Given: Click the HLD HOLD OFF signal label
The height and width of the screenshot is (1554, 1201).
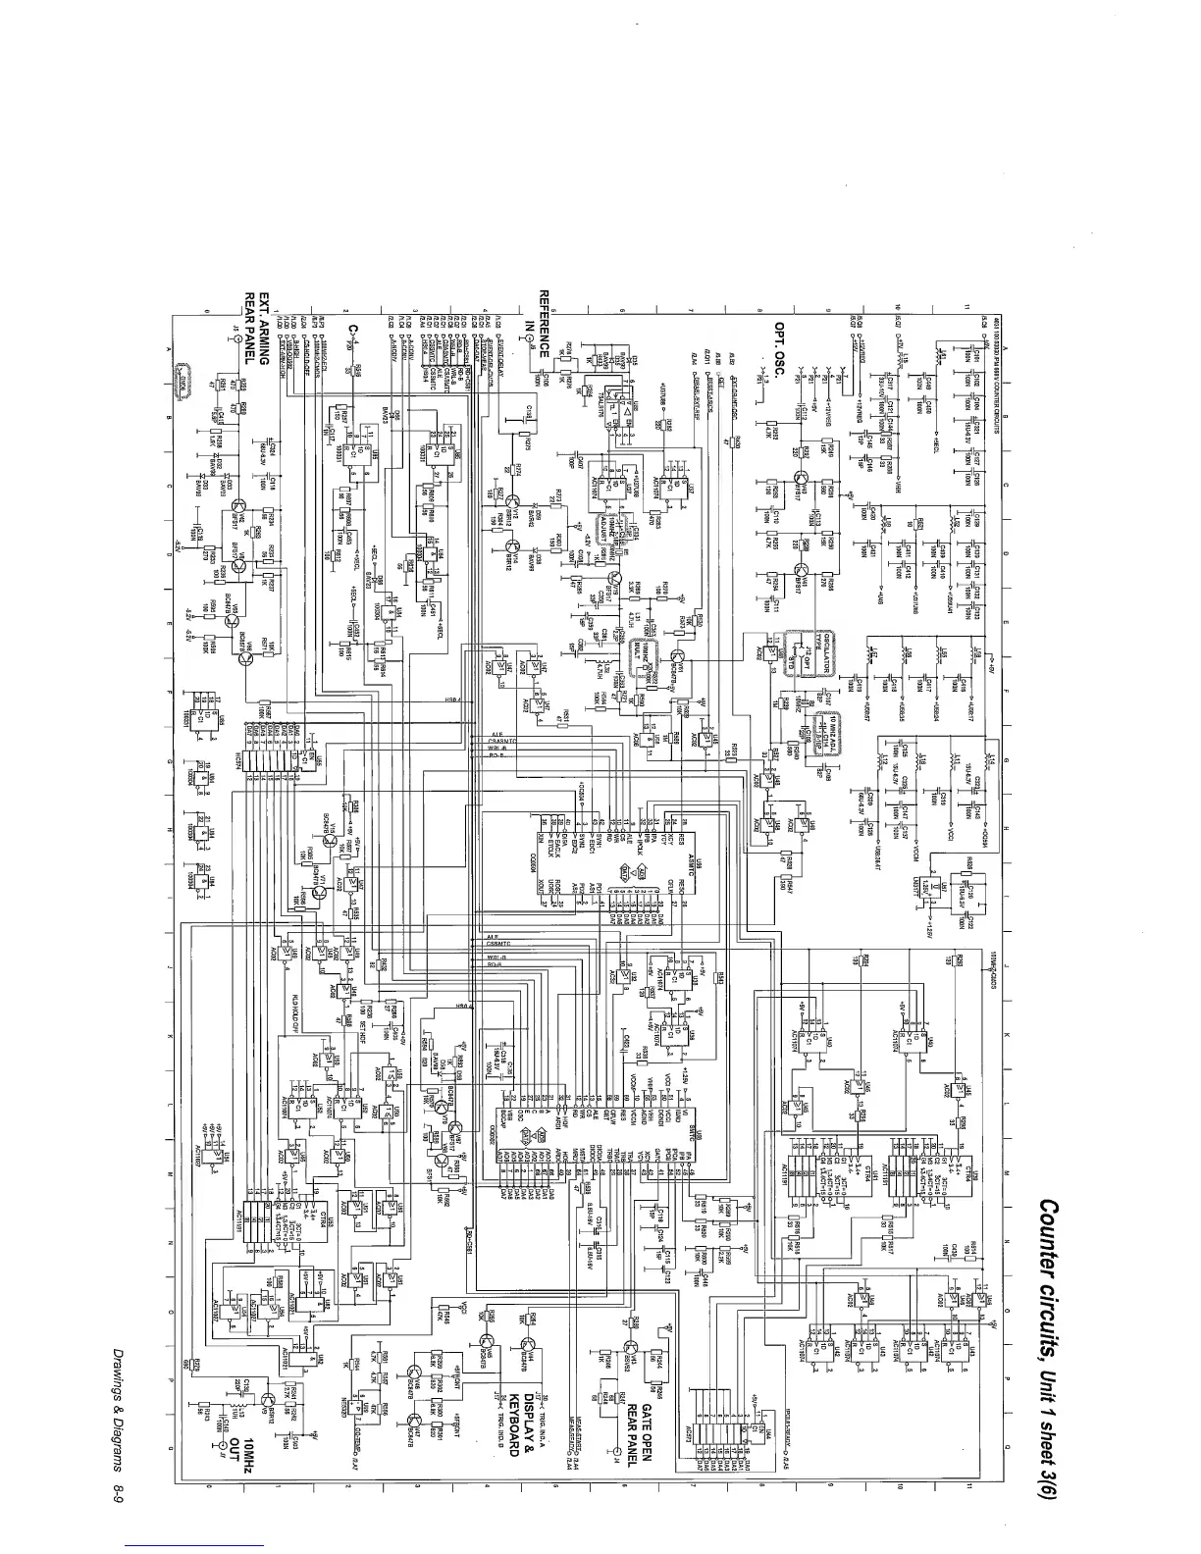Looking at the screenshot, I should (294, 1020).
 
